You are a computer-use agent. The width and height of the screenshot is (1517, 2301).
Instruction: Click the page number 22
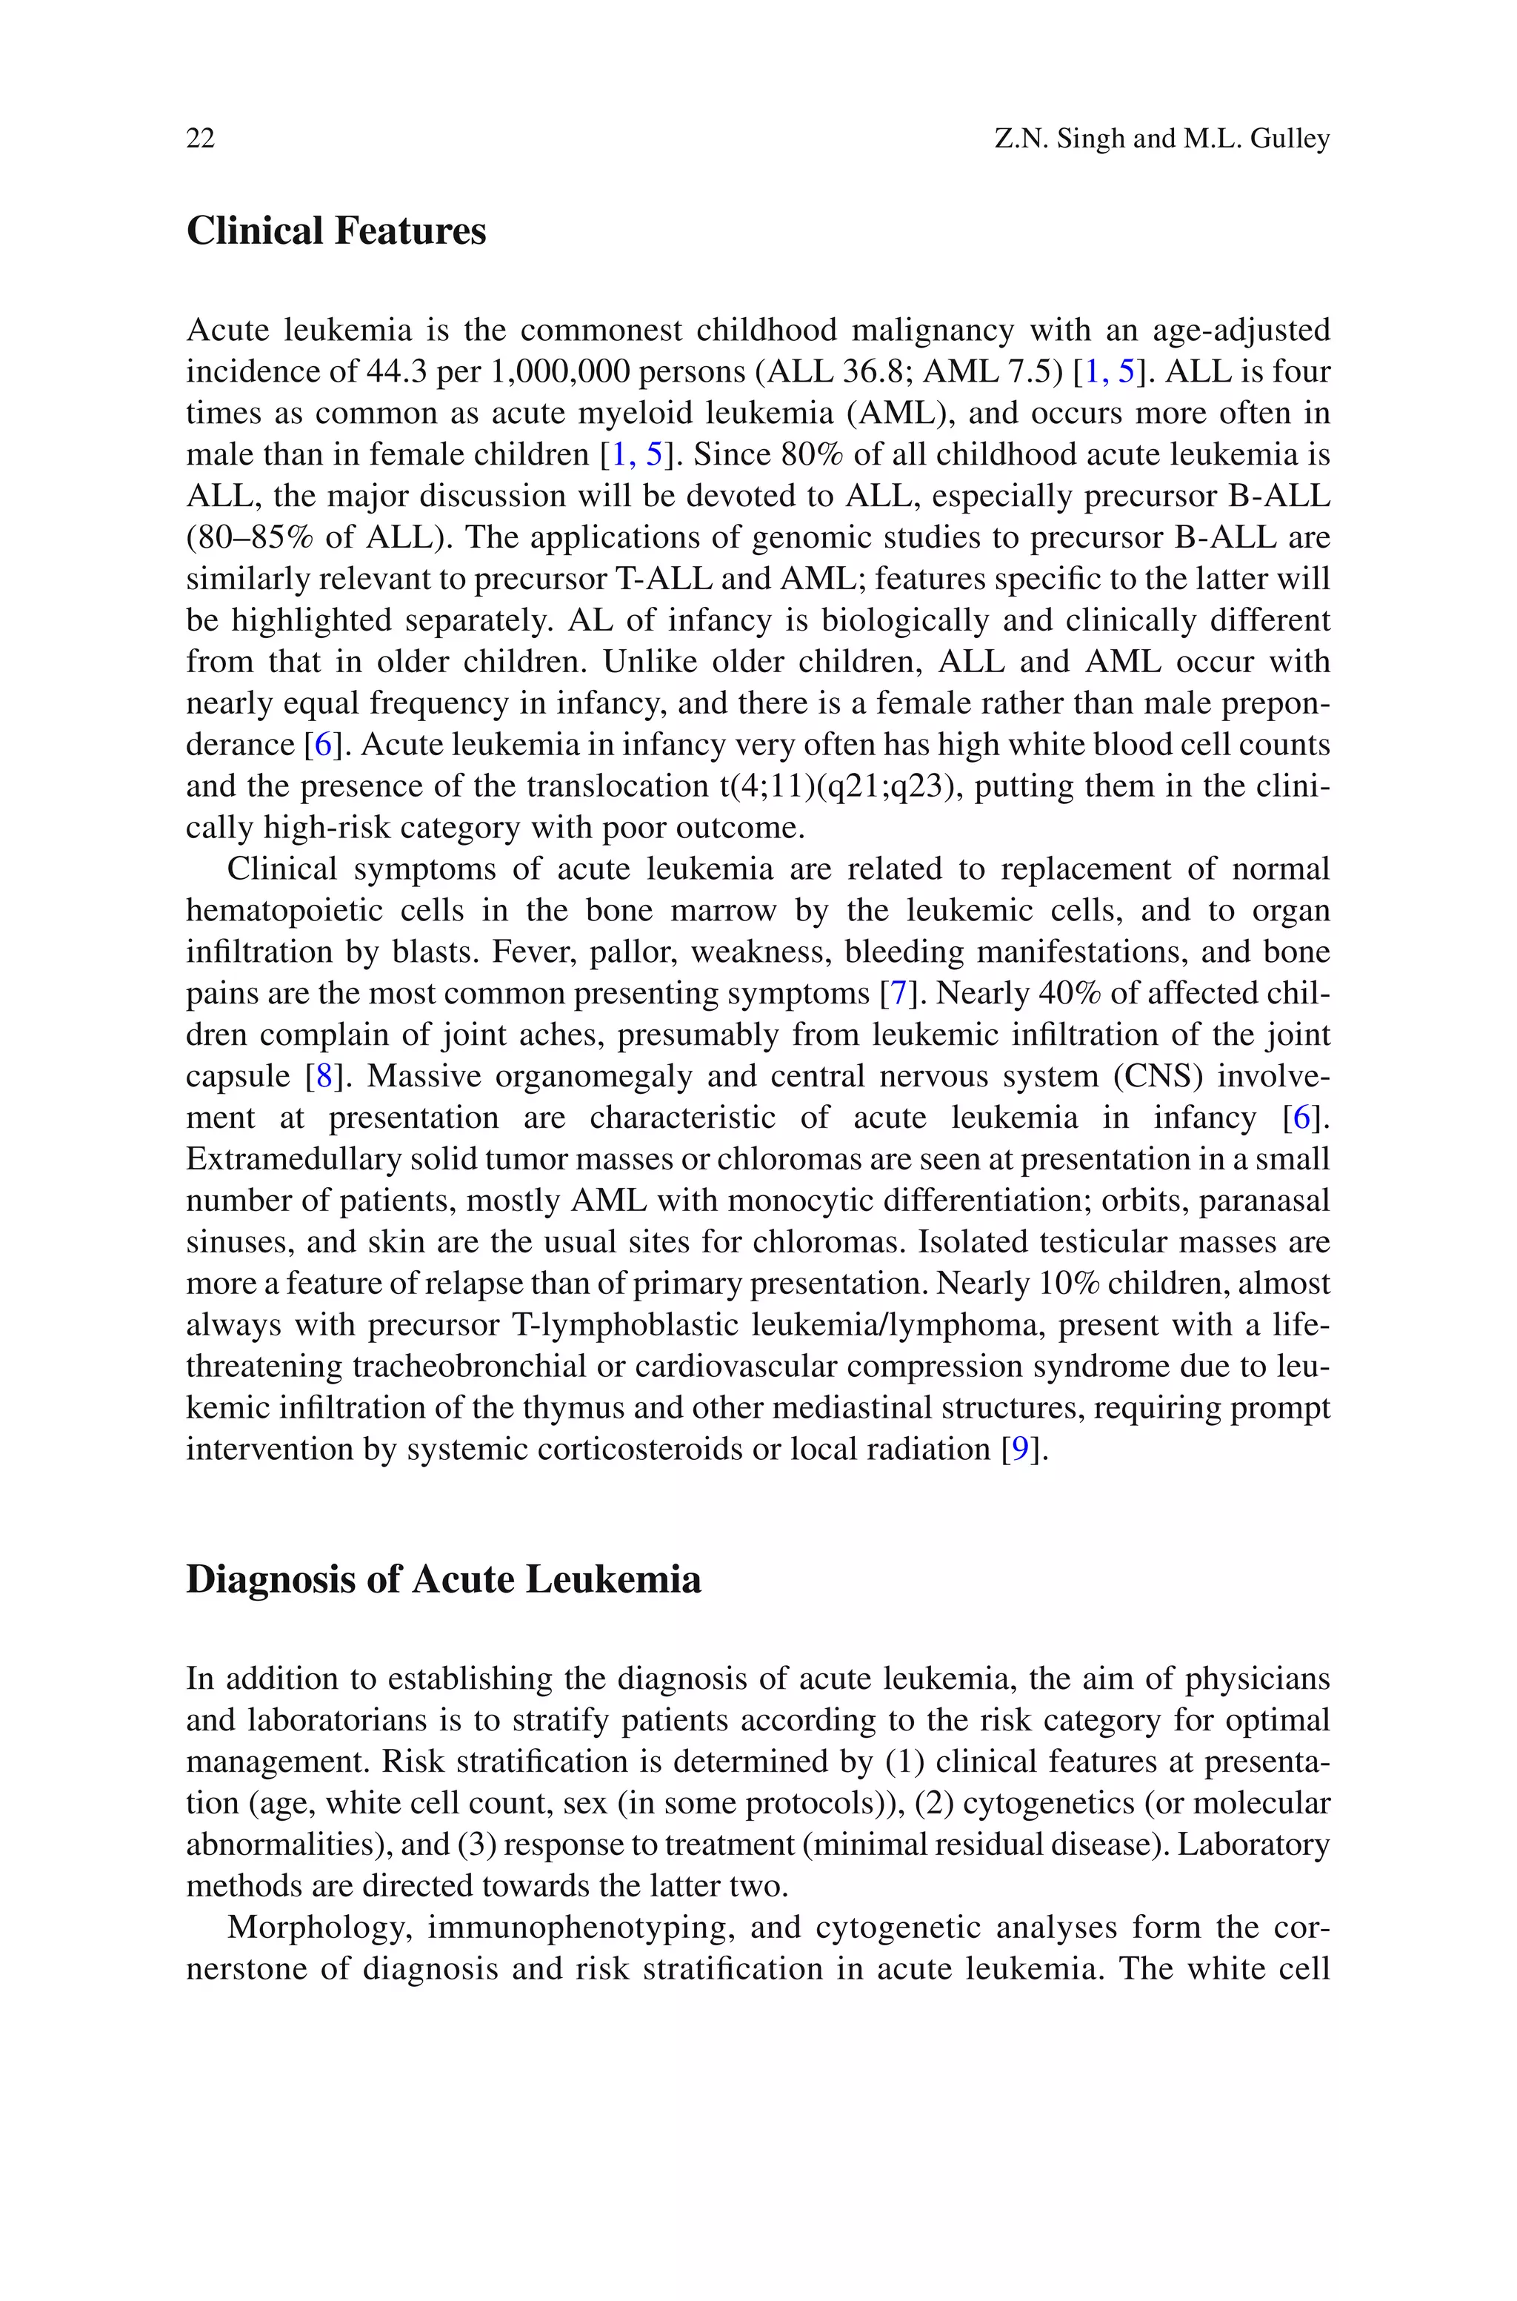coord(200,139)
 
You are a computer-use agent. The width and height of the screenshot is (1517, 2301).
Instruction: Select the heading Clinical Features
coord(336,230)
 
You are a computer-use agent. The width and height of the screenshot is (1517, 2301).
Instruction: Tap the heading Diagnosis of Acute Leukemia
coord(443,1579)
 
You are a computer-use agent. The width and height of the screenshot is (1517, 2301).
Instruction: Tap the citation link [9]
coord(1020,1450)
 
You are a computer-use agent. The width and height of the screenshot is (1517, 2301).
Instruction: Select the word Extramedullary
coord(294,1159)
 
